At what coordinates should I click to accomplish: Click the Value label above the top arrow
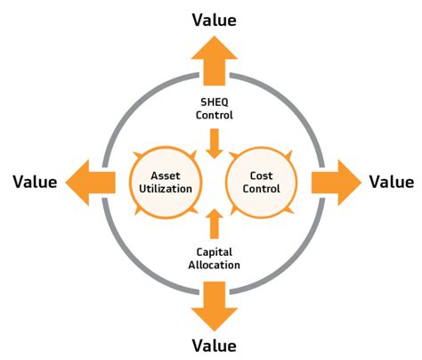click(215, 20)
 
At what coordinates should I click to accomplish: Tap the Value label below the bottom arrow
click(215, 346)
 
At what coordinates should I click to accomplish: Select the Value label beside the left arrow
click(35, 182)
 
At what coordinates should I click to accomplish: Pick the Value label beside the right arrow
click(392, 182)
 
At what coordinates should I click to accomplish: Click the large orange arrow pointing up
click(215, 61)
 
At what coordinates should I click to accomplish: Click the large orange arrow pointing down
click(215, 307)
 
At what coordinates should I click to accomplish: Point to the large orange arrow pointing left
click(91, 183)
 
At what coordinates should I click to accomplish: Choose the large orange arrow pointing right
click(337, 183)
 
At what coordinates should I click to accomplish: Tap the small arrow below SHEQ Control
click(215, 143)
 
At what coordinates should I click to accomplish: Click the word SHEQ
click(215, 102)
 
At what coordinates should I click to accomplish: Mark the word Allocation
click(215, 265)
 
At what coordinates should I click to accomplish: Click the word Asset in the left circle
click(166, 176)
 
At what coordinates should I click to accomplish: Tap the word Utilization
click(166, 189)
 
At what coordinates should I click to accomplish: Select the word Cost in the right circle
click(261, 176)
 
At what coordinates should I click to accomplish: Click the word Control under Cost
click(261, 189)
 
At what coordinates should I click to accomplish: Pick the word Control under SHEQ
click(215, 115)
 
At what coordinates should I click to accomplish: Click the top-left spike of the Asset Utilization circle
click(137, 155)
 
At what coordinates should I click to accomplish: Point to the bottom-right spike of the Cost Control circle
click(289, 210)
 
